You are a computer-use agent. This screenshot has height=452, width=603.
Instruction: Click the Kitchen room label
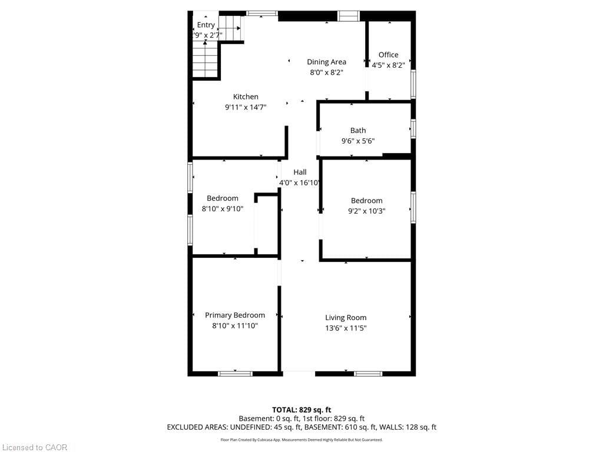coord(246,97)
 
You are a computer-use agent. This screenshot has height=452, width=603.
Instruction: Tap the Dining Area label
coord(326,62)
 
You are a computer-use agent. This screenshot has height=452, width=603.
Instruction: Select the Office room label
coord(388,55)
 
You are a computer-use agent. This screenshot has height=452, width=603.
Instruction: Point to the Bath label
coord(358,131)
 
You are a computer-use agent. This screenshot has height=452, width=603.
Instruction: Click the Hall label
coord(300,172)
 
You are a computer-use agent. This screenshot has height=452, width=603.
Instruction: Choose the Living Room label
coord(346,318)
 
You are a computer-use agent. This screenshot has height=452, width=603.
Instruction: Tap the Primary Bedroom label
coord(235,315)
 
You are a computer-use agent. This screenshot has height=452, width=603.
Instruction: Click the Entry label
coord(206,25)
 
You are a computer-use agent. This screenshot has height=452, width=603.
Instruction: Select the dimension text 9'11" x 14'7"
coord(246,108)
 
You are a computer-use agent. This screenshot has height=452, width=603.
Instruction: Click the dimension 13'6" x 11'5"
coord(346,328)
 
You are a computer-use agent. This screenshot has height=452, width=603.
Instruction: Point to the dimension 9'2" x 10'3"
coord(367,211)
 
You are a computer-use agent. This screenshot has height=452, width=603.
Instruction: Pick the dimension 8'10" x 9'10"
coord(223,208)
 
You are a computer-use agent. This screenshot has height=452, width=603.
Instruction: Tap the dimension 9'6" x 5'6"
coord(358,141)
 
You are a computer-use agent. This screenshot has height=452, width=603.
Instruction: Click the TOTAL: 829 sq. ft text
coord(301,410)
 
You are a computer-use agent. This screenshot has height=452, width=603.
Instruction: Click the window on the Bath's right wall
coord(413,128)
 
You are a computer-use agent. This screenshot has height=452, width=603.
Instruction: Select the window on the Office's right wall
coord(413,84)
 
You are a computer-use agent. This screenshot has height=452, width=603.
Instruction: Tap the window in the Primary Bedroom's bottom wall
coord(235,373)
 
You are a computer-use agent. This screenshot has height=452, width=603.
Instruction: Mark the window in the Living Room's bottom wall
coord(368,373)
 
